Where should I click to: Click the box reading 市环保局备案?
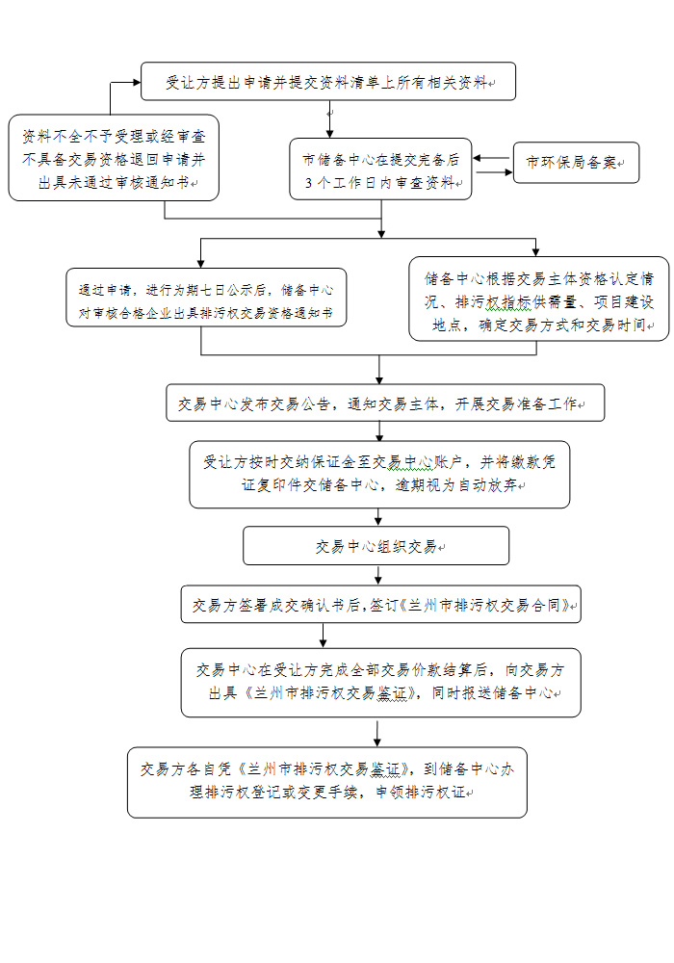coord(576,163)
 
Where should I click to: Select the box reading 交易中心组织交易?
coord(376,545)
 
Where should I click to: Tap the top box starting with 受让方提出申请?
coord(327,81)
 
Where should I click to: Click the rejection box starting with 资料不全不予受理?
coord(114,158)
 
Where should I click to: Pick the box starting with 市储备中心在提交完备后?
coord(380,169)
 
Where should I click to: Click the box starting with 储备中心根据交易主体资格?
coord(538,299)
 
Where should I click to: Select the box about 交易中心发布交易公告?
coord(385,403)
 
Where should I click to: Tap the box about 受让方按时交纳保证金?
coord(379,474)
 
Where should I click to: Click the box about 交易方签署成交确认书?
coord(380,605)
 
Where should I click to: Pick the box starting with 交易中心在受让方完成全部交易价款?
coord(380,683)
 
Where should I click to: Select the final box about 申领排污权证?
coord(327,782)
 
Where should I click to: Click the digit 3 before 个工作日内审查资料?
coord(309,182)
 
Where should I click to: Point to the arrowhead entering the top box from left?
coord(137,82)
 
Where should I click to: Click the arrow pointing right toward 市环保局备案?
coord(494,172)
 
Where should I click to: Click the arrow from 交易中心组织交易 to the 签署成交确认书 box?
coord(378,575)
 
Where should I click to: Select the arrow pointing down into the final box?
coord(376,732)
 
